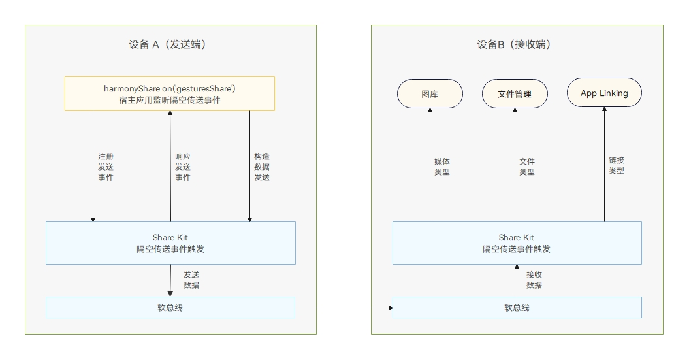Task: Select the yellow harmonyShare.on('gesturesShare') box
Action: [170, 93]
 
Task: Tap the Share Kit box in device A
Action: [170, 243]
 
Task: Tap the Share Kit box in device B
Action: [517, 243]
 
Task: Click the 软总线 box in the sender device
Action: [170, 307]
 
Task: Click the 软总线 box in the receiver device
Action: [517, 307]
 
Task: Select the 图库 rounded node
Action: [430, 94]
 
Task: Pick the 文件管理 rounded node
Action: [515, 94]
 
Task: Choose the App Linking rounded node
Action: [604, 93]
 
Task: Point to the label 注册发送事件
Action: [106, 167]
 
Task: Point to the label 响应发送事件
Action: [183, 167]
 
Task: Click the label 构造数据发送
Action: [262, 167]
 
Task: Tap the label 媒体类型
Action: [442, 167]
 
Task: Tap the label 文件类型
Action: [527, 167]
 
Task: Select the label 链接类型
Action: [617, 165]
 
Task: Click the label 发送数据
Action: [191, 280]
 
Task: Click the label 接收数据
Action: [534, 280]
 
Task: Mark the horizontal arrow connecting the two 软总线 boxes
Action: [344, 307]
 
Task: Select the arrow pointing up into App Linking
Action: [604, 163]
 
